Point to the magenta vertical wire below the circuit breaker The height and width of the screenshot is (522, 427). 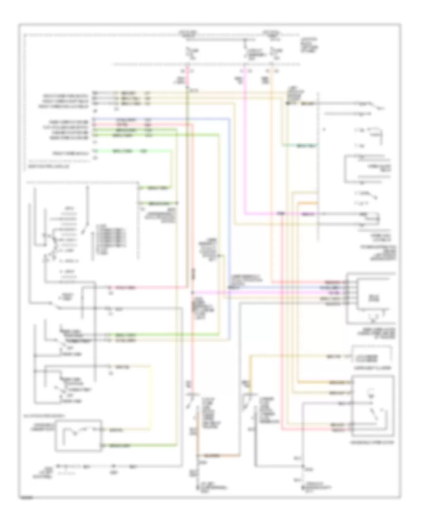point(244,142)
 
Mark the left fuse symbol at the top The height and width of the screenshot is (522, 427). point(188,51)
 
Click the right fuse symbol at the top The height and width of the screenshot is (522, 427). point(271,51)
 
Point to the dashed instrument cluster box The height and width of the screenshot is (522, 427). point(372,355)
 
